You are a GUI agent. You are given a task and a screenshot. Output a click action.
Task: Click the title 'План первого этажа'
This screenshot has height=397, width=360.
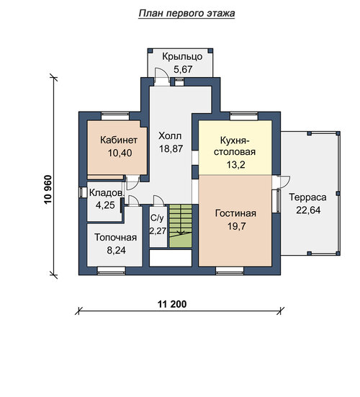point(186,13)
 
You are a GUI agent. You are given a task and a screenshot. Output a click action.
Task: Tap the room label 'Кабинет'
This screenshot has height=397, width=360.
point(119,140)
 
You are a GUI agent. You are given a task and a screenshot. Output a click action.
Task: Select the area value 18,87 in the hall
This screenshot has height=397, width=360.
point(171,148)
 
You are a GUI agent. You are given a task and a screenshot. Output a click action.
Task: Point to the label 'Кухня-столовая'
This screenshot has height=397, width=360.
point(235,146)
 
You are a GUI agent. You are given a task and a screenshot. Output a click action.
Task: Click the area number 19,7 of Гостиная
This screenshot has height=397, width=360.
point(236,226)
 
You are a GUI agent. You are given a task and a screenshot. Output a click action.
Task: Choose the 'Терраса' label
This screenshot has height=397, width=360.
point(307,197)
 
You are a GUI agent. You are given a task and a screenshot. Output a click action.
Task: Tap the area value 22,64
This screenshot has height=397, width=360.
point(308,210)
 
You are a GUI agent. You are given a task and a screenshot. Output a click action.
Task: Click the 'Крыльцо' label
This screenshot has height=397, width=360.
point(182,56)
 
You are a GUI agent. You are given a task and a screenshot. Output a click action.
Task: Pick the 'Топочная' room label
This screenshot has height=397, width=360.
point(116,238)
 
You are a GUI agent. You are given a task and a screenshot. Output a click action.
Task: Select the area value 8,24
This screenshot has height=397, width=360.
point(116,251)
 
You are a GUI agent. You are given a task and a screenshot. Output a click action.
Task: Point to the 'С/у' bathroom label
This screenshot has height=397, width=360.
point(157,218)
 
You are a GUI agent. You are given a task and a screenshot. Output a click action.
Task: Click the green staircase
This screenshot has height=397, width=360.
point(181,226)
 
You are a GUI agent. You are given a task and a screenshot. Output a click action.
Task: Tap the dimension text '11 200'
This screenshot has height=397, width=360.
point(172,304)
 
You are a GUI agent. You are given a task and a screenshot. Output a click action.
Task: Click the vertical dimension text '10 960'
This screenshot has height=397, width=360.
point(48,189)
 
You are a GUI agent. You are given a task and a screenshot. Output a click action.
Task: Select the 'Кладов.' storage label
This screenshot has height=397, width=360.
point(107,193)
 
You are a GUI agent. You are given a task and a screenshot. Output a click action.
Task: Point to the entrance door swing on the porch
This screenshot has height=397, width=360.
point(162,75)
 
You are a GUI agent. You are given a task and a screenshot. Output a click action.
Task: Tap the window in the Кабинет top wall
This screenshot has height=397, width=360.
point(115,116)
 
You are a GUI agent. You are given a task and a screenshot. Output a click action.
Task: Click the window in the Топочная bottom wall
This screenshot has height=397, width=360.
point(112,271)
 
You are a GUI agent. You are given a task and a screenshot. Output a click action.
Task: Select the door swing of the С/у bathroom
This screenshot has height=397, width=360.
point(159,200)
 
